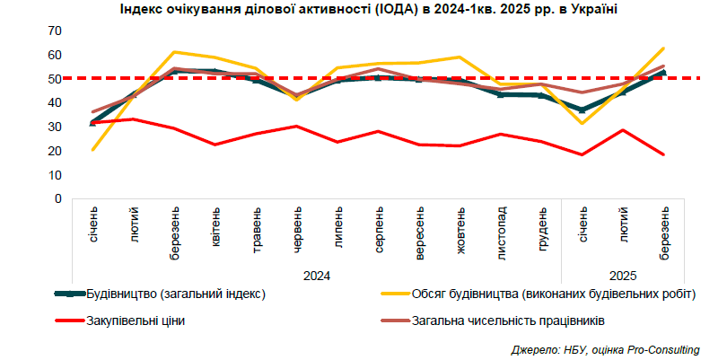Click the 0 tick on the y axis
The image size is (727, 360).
(57, 198)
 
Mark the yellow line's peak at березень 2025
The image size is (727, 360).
(663, 48)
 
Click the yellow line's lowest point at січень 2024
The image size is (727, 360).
(93, 149)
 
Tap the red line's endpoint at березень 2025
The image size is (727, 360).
(663, 154)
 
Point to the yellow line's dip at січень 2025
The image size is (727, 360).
(582, 123)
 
